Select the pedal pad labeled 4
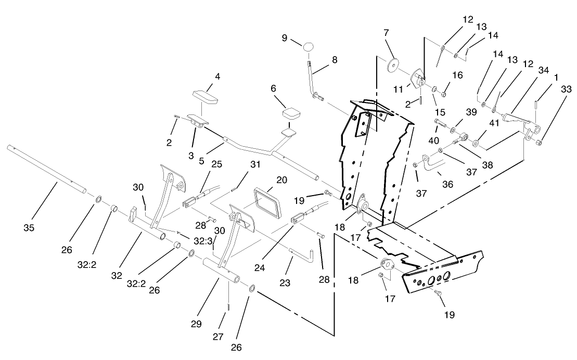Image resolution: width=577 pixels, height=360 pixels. (207, 97)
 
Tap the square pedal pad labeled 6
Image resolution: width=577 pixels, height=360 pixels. (292, 113)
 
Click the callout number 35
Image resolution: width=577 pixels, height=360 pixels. (29, 227)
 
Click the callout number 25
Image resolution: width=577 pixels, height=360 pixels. (216, 164)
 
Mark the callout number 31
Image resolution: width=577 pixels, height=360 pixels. (254, 164)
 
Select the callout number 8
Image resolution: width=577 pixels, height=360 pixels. (334, 59)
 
